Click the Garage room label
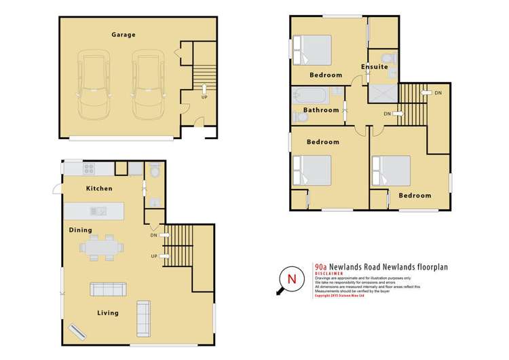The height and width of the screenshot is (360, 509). click(124, 35)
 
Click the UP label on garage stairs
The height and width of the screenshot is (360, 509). click(204, 97)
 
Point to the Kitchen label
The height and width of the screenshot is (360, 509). click(98, 188)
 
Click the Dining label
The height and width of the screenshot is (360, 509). click(80, 230)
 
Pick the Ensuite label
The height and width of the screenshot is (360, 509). click(375, 67)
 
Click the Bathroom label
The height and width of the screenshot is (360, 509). click(320, 110)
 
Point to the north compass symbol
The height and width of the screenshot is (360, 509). click(291, 279)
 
